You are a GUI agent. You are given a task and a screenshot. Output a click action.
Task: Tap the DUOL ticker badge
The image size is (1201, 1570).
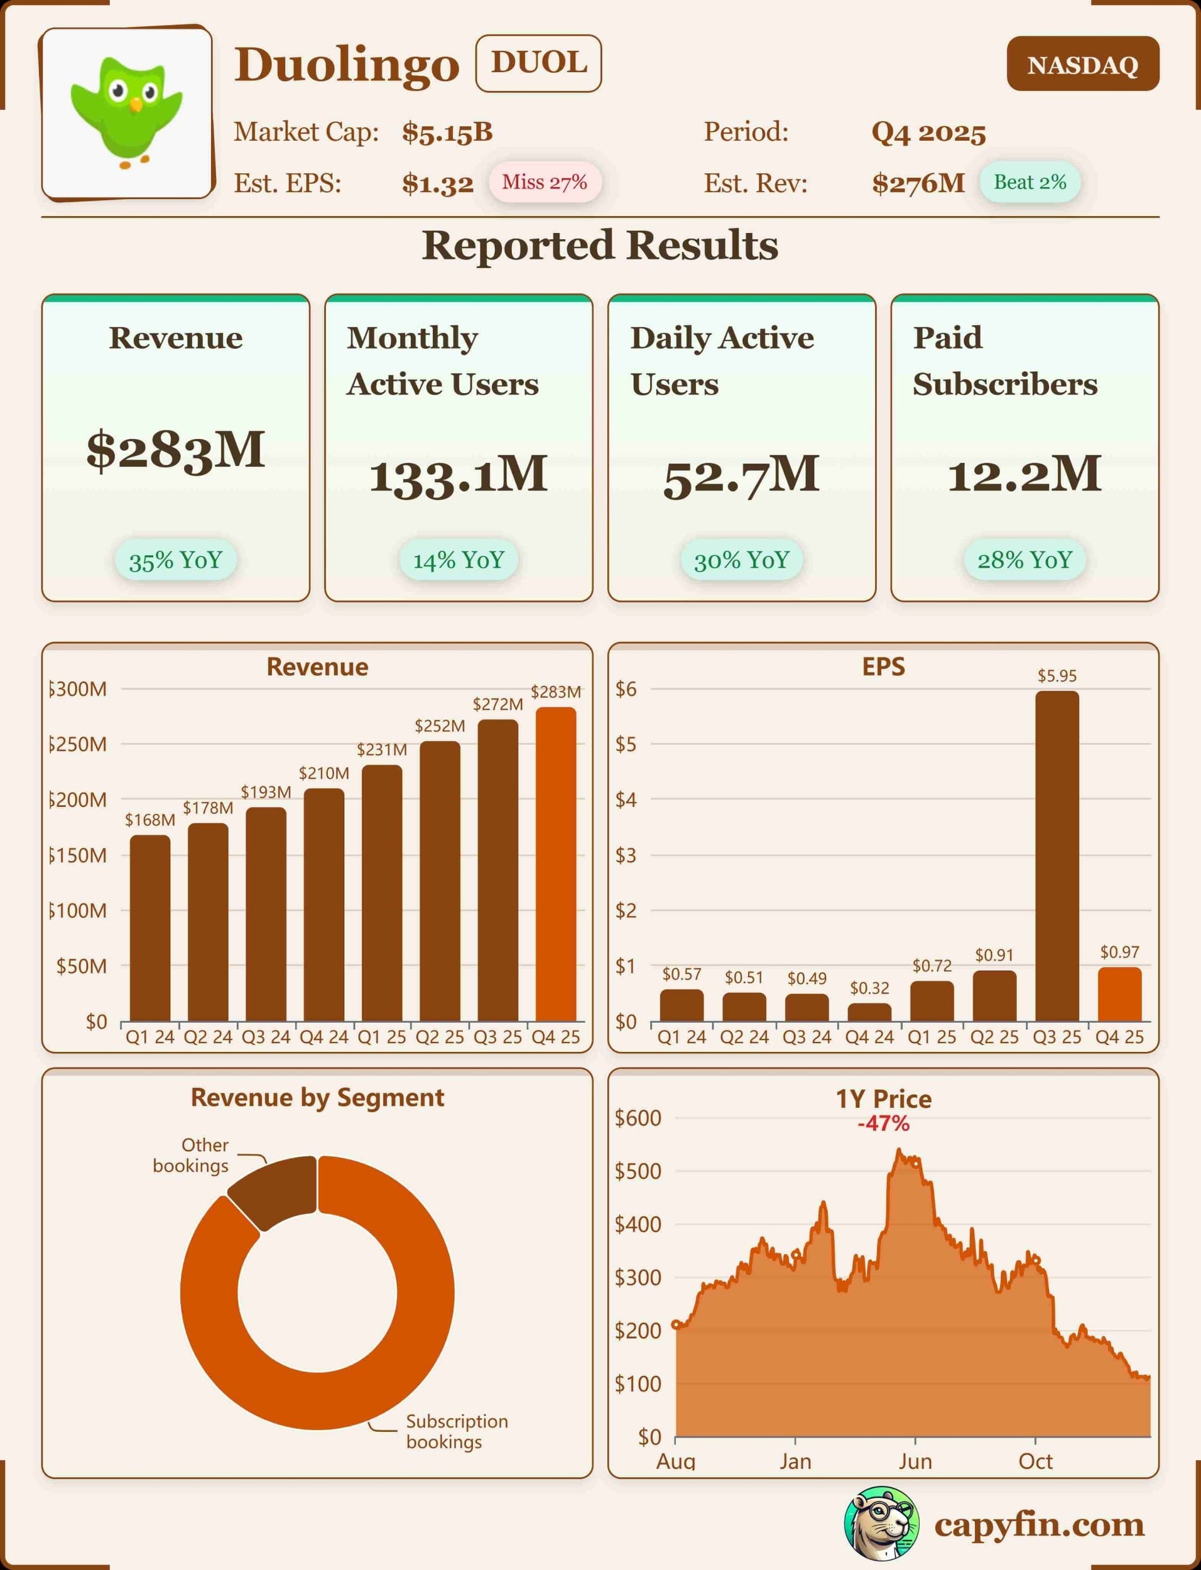538,63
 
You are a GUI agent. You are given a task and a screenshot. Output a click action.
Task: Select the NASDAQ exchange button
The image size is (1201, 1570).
1082,64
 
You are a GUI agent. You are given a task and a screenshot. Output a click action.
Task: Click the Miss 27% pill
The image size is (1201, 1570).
544,182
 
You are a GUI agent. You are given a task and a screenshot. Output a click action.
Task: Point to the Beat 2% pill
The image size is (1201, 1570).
1030,182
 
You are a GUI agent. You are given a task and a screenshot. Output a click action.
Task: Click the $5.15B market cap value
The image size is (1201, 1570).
447,133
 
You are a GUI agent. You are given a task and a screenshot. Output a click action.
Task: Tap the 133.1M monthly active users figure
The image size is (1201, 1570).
459,475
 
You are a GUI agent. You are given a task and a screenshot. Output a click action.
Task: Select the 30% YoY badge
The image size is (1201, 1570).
741,560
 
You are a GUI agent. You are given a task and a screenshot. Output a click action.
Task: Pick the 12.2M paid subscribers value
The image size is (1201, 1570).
1024,475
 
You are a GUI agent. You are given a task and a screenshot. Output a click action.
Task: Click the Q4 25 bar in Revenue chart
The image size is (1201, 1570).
555,865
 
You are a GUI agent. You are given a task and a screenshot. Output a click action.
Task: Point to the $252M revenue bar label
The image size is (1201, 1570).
440,726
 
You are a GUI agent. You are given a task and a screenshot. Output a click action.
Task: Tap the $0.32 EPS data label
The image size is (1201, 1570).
869,988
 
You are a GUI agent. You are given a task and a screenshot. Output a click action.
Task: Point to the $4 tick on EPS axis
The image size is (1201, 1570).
626,799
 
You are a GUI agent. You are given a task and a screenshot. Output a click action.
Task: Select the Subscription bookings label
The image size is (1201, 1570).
457,1431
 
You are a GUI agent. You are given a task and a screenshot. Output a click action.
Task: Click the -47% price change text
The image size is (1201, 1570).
884,1124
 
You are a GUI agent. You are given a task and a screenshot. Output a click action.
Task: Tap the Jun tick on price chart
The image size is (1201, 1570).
915,1461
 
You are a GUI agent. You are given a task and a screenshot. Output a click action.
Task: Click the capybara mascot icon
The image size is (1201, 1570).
881,1524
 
